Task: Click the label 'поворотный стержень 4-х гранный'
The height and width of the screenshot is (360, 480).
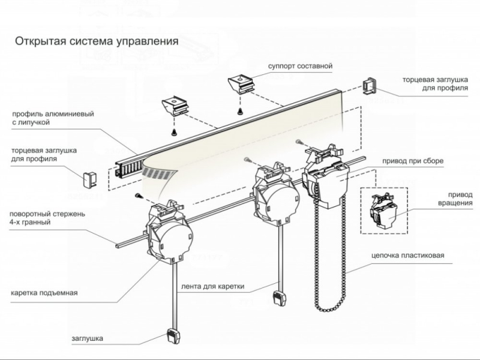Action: [x=51, y=218]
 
